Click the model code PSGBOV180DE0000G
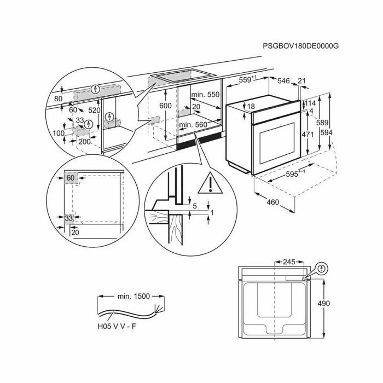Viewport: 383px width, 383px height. (x=301, y=46)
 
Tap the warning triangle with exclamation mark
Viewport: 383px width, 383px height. (x=210, y=183)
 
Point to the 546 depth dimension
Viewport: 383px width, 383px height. (x=283, y=80)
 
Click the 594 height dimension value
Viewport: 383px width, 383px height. (x=326, y=132)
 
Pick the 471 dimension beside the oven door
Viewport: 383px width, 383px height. (x=307, y=134)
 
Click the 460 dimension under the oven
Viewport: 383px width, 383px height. (x=273, y=202)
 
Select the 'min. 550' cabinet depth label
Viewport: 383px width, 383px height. (x=205, y=95)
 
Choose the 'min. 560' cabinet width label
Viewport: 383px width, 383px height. (x=193, y=125)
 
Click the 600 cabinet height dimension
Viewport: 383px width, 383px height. (x=165, y=106)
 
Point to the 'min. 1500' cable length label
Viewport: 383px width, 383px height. (x=134, y=297)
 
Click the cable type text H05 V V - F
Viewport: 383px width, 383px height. (x=117, y=326)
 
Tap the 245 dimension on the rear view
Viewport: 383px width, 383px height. (x=289, y=262)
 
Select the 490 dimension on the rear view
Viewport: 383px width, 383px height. (x=324, y=303)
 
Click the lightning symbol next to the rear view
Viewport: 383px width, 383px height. (x=322, y=269)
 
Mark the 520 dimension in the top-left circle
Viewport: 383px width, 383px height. (x=94, y=111)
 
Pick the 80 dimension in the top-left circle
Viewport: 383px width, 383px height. (x=58, y=98)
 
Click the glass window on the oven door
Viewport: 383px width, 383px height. (x=277, y=143)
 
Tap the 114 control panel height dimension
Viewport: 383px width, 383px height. (x=310, y=103)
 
